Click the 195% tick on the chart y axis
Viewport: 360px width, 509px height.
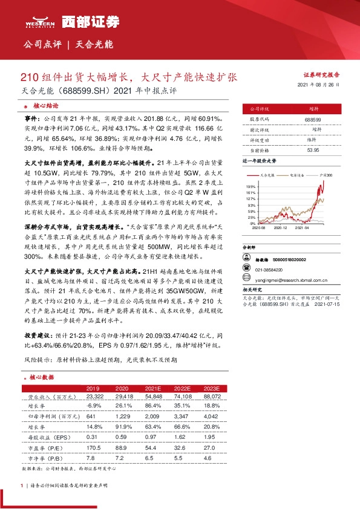[x=250, y=187]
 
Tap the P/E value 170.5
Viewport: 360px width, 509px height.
[x=93, y=449]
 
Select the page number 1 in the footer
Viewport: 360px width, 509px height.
[x=22, y=485]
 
